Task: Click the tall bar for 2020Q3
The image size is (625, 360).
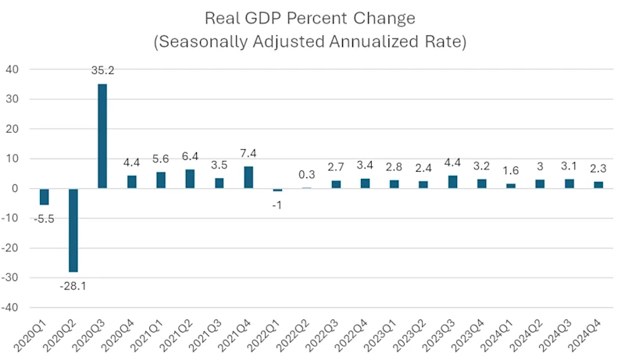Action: (x=102, y=136)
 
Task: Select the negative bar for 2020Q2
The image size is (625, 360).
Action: (x=73, y=230)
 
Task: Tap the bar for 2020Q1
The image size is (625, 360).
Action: (x=45, y=197)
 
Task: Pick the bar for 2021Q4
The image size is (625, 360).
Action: (x=248, y=177)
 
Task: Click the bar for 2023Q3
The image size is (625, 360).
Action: (x=452, y=182)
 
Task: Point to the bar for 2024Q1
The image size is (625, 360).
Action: (x=510, y=186)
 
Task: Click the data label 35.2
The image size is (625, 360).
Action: (x=102, y=70)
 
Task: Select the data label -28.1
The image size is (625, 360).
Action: (x=73, y=286)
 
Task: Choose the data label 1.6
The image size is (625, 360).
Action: (x=510, y=171)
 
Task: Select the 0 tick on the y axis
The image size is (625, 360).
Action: (x=15, y=188)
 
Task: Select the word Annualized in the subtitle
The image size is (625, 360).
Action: (x=383, y=41)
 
